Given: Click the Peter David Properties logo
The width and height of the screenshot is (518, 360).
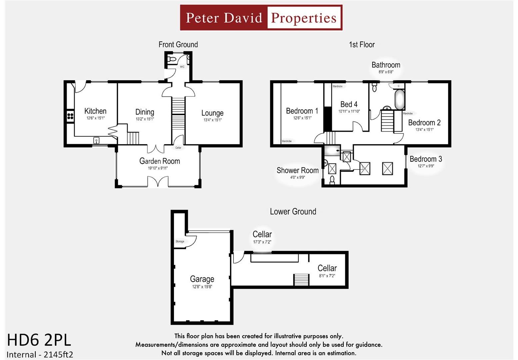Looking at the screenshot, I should click(261, 18).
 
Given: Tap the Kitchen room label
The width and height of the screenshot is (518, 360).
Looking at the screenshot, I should click(95, 111).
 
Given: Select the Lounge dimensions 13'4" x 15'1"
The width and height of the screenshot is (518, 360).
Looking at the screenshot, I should click(212, 120).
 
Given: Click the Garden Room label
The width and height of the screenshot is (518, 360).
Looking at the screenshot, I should click(159, 161).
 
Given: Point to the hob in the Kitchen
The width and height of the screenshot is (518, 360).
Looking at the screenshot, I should click(70, 116).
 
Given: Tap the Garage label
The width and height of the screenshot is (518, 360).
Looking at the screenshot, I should click(202, 279).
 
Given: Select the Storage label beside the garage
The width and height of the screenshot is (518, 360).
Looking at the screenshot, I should click(180, 241).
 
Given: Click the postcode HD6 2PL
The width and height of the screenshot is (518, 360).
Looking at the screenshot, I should click(39, 340).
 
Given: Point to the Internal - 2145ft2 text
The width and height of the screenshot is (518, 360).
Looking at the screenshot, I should click(40, 354).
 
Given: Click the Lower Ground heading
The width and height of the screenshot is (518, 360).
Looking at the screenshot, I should click(293, 211).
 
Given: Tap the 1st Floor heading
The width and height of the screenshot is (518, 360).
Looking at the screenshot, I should click(362, 44).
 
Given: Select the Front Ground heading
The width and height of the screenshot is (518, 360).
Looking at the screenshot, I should click(178, 44).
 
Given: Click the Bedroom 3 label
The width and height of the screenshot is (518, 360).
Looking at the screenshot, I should click(426, 159).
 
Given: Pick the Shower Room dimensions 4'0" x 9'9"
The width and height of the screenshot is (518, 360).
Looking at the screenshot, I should click(297, 177).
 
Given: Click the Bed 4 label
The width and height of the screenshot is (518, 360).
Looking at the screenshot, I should click(349, 104).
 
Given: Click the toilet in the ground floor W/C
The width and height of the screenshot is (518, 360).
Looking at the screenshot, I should click(172, 59).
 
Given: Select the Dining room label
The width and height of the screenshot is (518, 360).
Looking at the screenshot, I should click(145, 112).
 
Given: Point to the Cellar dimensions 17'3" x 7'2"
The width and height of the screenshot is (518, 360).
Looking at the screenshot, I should click(262, 242).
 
